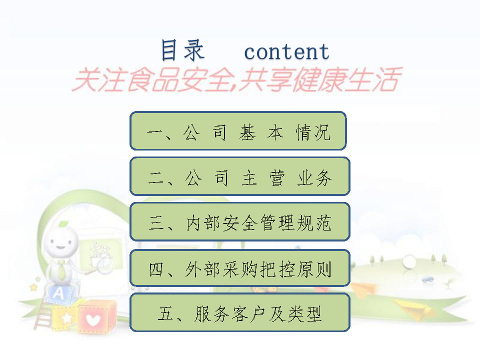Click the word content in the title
pyautogui.click(x=286, y=51)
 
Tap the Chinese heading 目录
pyautogui.click(x=182, y=50)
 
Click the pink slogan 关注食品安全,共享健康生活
pyautogui.click(x=236, y=79)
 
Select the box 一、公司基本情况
pyautogui.click(x=238, y=131)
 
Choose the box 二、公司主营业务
pyautogui.click(x=240, y=176)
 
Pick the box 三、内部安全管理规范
pyautogui.click(x=240, y=221)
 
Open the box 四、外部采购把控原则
pyautogui.click(x=240, y=268)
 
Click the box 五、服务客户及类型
pyautogui.click(x=240, y=312)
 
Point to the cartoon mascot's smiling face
pyautogui.click(x=60, y=242)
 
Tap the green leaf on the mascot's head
pyautogui.click(x=63, y=224)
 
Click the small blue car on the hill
pyautogui.click(x=427, y=279)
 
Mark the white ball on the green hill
pyautogui.click(x=408, y=261)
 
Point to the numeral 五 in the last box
pyautogui.click(x=166, y=313)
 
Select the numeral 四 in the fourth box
pyautogui.click(x=156, y=269)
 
